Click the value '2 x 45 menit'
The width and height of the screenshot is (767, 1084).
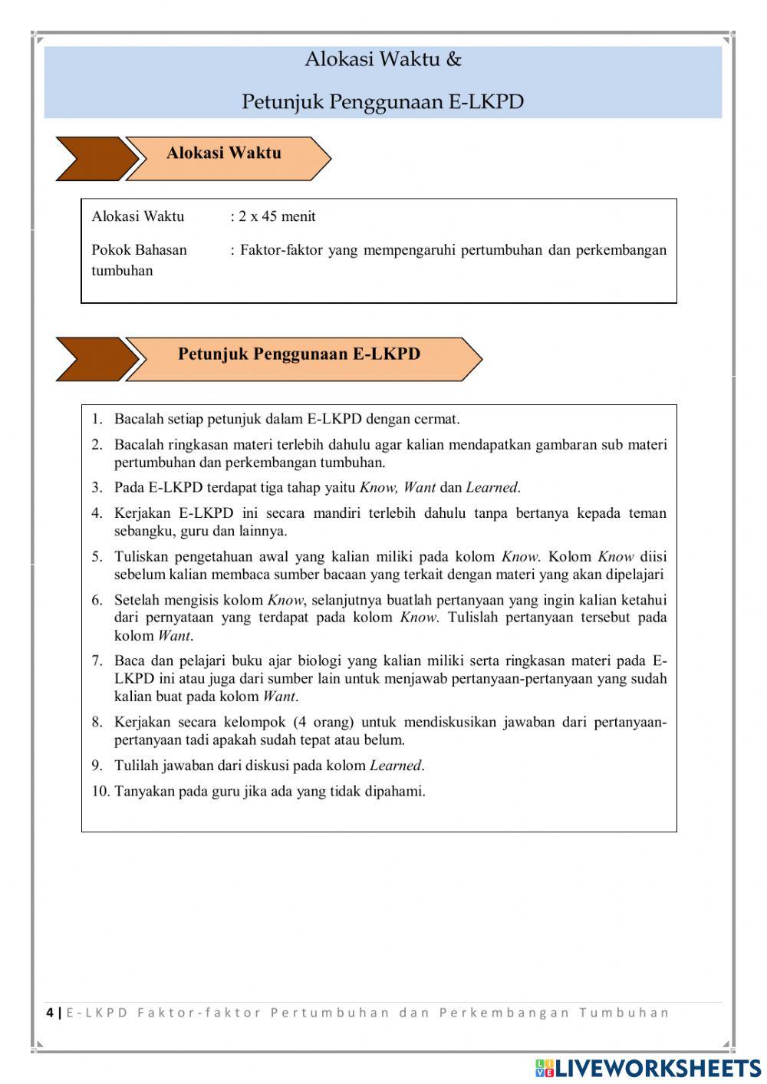(x=277, y=216)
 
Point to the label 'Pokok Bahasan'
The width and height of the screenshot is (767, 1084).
(x=139, y=250)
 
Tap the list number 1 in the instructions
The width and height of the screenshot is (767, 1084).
(x=97, y=419)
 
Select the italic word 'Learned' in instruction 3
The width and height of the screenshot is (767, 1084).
(x=492, y=487)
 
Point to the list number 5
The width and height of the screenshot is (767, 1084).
(x=97, y=557)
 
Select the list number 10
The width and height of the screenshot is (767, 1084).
(x=100, y=791)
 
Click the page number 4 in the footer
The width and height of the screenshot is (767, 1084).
(x=50, y=1013)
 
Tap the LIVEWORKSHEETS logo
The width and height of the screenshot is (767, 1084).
(x=648, y=1068)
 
